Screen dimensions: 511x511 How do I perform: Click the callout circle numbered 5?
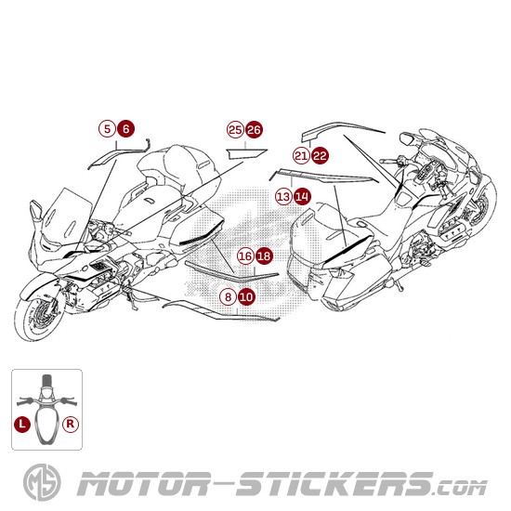click(x=108, y=129)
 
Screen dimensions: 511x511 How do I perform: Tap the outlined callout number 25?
click(x=235, y=129)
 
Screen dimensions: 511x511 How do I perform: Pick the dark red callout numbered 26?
click(x=254, y=129)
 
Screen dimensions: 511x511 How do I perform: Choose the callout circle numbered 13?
click(x=283, y=196)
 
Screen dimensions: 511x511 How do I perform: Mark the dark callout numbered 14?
click(x=302, y=196)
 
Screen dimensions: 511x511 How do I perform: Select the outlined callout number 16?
click(x=245, y=255)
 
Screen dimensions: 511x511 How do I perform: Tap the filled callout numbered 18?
click(x=264, y=255)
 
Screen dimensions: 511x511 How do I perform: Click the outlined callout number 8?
click(x=228, y=296)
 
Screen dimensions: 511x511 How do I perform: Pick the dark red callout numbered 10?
click(x=246, y=296)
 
